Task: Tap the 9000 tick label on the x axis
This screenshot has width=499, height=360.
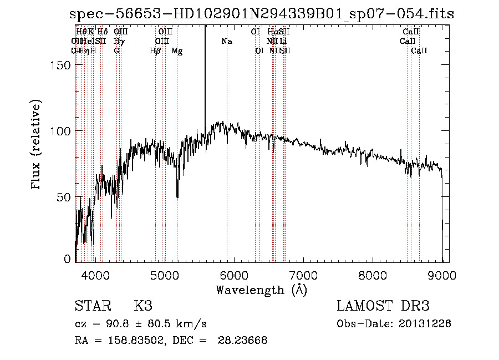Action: (442, 274)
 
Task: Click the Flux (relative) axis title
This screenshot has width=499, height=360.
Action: (37, 145)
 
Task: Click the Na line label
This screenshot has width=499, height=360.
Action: (227, 41)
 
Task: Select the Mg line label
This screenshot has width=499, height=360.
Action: (177, 51)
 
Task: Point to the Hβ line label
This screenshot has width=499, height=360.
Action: (155, 51)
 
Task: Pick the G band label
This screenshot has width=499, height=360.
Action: (116, 51)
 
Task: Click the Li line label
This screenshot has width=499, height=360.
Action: (283, 41)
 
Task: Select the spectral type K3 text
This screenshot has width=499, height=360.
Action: (142, 306)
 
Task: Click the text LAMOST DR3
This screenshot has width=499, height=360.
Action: (383, 306)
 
